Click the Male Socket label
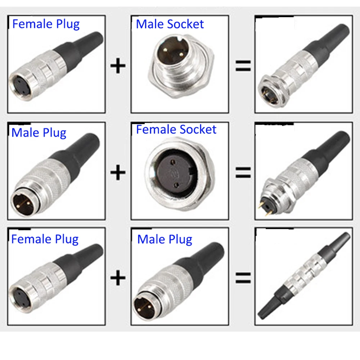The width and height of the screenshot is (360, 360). [170, 24]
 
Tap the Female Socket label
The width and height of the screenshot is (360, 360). [176, 130]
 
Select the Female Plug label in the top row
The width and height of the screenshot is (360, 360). [46, 24]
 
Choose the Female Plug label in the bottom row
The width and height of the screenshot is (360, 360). [45, 239]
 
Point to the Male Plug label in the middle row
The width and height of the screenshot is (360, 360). [39, 132]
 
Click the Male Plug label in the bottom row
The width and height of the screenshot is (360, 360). [165, 239]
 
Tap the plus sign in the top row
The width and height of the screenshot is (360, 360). [118, 67]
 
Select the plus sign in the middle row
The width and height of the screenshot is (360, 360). [118, 172]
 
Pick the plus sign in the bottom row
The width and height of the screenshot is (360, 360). [118, 278]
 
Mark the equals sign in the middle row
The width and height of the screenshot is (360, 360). [243, 172]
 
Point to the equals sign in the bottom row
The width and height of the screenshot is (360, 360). [243, 278]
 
